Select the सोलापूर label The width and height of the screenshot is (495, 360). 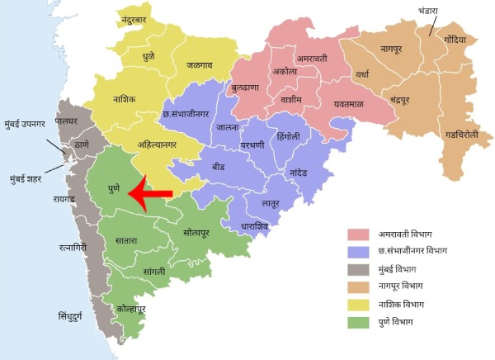point(204,234)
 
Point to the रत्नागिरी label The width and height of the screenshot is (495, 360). point(66,246)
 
